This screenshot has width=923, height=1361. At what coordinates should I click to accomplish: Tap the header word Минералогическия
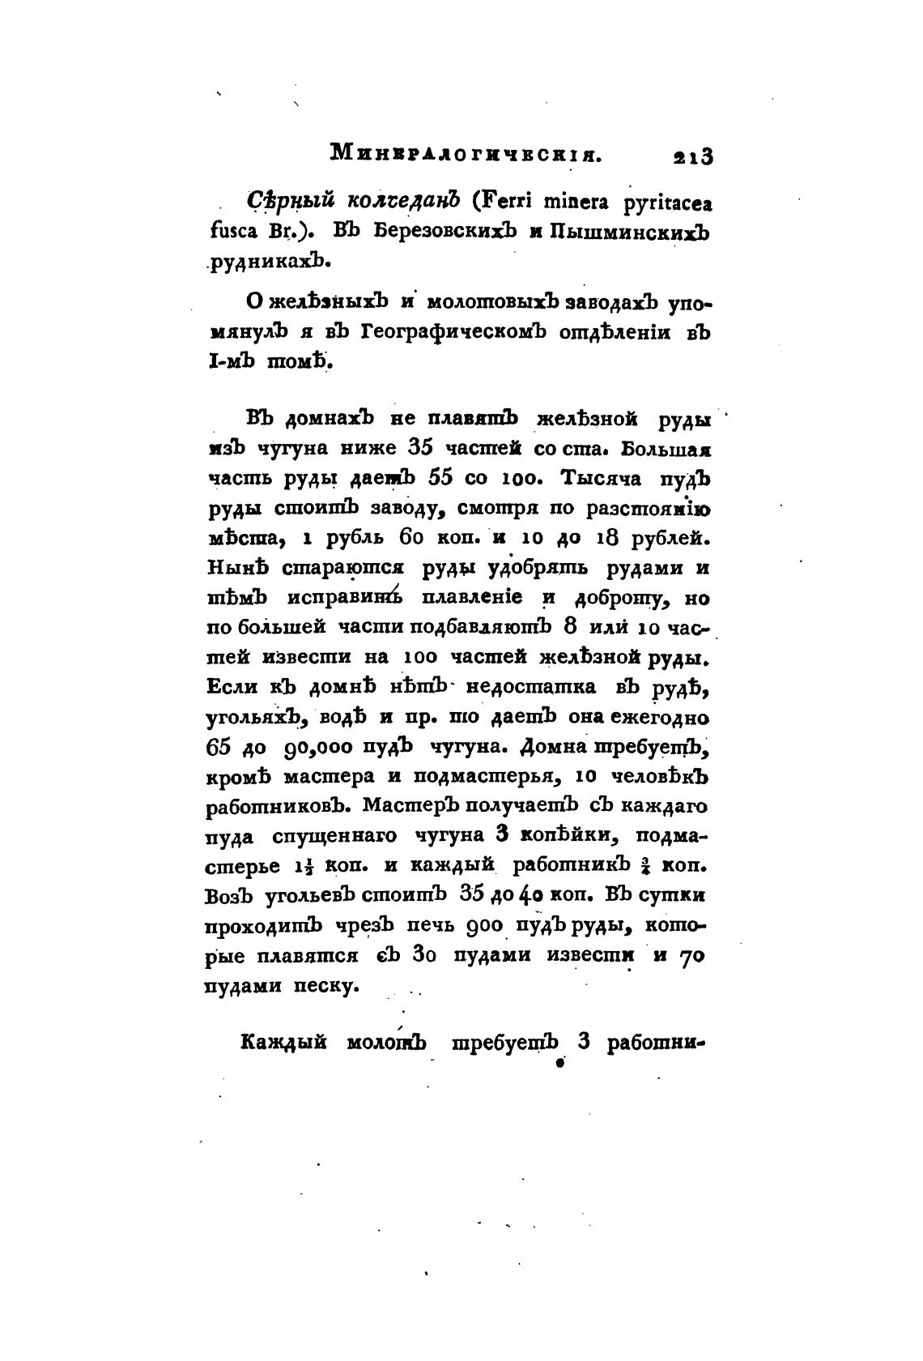click(x=466, y=152)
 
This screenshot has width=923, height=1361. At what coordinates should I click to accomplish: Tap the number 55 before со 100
click(x=440, y=478)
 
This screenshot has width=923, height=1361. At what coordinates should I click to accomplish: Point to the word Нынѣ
click(x=238, y=568)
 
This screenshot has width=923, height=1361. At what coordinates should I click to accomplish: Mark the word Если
click(x=232, y=687)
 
